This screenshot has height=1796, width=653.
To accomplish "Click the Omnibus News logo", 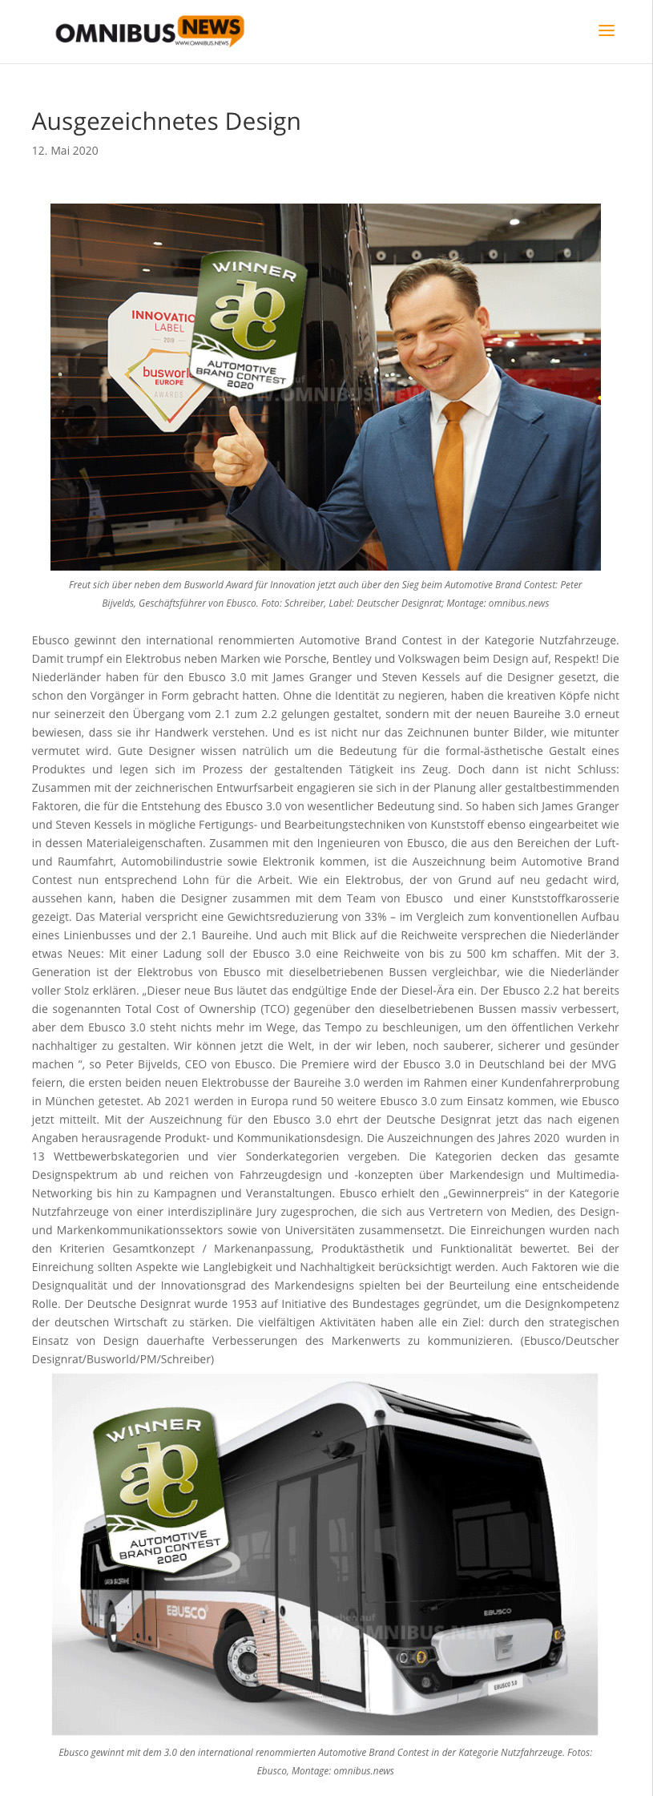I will [149, 31].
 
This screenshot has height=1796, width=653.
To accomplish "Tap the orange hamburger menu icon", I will [607, 30].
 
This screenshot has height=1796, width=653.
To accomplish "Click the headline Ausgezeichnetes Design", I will [166, 122].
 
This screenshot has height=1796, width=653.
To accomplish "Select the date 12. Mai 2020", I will [65, 151].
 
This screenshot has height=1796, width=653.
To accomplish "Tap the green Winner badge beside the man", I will [248, 321].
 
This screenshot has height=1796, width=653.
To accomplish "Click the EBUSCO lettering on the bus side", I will [186, 1611].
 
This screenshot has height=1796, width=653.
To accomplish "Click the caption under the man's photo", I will [325, 594].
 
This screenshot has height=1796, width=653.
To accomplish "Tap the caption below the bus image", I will [325, 1761].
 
